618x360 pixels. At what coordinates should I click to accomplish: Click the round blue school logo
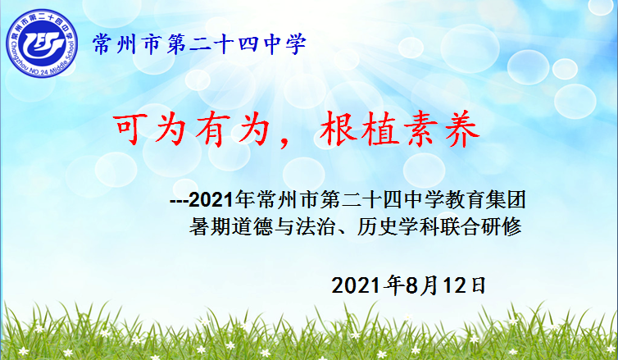[x=41, y=43]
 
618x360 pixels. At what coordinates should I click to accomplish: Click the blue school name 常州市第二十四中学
[x=199, y=43]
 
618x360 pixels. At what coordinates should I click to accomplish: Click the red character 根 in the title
[x=336, y=130]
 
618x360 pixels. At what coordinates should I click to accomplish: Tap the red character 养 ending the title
[x=462, y=130]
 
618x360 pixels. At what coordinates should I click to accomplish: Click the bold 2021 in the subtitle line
[x=211, y=200]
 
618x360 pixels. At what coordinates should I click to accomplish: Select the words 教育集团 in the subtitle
[x=485, y=200]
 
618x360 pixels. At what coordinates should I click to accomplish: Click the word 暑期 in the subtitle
[x=209, y=226]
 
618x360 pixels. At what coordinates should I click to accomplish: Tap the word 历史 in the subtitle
[x=377, y=226]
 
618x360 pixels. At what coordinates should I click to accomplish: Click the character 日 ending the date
[x=478, y=285]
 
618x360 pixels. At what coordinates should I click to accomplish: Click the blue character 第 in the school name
[x=176, y=43]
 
